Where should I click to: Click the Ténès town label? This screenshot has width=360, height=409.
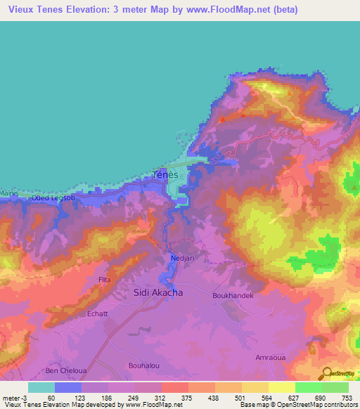coord(166,175)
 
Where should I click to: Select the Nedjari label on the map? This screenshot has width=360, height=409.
coord(182,259)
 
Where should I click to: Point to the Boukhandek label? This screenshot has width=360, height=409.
coord(232,296)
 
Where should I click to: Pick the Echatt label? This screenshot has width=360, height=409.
coord(97,313)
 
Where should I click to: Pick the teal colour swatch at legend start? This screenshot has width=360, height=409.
coord(41,387)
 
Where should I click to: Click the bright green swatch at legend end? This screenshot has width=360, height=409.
coord(335,387)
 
